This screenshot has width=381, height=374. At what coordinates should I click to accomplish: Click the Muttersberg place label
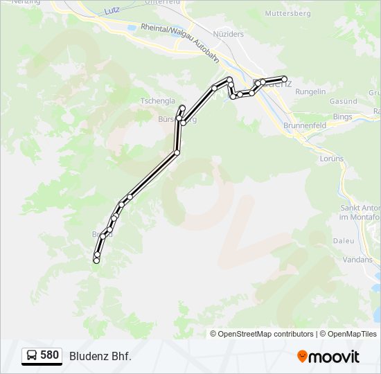287,13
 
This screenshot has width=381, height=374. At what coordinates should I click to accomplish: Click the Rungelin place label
310,91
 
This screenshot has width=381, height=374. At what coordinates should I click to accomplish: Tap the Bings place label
343,117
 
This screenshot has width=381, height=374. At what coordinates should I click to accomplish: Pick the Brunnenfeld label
305,125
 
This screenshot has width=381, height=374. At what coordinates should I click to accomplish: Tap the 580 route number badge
49,355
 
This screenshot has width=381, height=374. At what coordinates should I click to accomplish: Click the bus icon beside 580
32,356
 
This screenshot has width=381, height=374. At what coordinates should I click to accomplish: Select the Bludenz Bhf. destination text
100,356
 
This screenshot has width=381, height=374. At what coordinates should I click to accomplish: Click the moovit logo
328,357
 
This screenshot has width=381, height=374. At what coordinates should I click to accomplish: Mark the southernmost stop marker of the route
96,260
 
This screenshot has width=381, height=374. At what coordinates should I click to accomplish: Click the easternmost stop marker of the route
284,79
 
